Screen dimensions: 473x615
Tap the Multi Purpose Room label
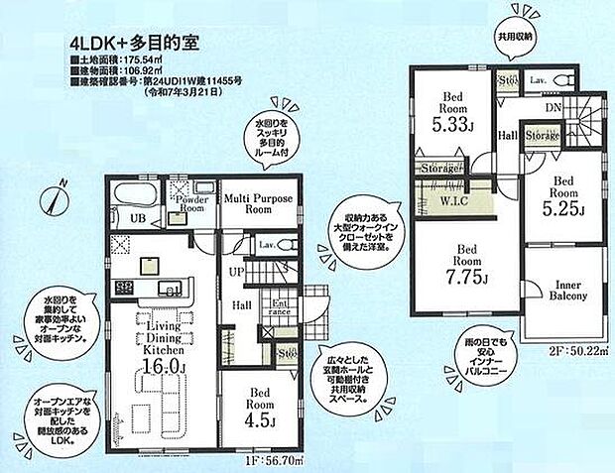(x=256, y=204)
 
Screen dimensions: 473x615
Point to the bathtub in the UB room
(x=132, y=193)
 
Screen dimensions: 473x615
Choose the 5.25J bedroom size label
(x=562, y=209)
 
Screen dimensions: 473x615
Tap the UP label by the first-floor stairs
(x=233, y=270)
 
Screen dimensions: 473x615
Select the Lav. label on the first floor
(x=266, y=243)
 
